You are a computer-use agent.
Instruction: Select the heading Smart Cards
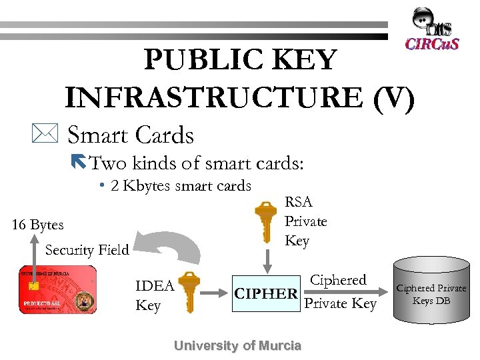pyautogui.click(x=131, y=135)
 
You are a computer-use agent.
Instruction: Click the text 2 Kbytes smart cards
pyautogui.click(x=181, y=185)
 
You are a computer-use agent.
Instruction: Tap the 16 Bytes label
pyautogui.click(x=38, y=225)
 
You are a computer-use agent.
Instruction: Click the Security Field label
pyautogui.click(x=87, y=250)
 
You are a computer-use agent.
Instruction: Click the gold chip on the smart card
pyautogui.click(x=33, y=285)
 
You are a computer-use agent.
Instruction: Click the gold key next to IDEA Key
pyautogui.click(x=189, y=291)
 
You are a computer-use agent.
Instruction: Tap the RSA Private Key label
pyautogui.click(x=305, y=221)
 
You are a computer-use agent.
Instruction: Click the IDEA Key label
pyautogui.click(x=154, y=295)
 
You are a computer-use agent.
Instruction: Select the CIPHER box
pyautogui.click(x=265, y=293)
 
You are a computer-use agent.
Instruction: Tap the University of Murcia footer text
pyautogui.click(x=237, y=345)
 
